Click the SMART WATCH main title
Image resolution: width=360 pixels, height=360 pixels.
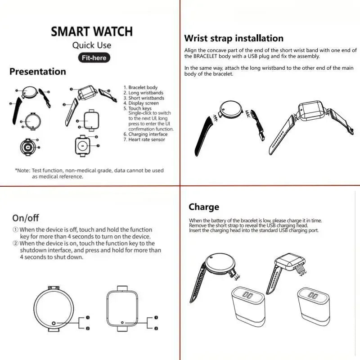91,31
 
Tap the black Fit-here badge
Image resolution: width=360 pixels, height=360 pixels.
93,58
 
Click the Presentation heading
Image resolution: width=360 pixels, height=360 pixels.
38,72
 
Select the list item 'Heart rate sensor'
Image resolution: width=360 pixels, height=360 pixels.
147,139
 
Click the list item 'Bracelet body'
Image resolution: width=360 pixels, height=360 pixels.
143,87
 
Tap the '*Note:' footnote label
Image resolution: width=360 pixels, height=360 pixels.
22,171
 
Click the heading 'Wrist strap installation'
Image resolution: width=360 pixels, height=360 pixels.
234,38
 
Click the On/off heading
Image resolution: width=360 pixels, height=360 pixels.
26,218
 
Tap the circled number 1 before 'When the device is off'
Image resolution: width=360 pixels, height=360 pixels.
15,229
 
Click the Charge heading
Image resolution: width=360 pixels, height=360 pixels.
204,207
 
